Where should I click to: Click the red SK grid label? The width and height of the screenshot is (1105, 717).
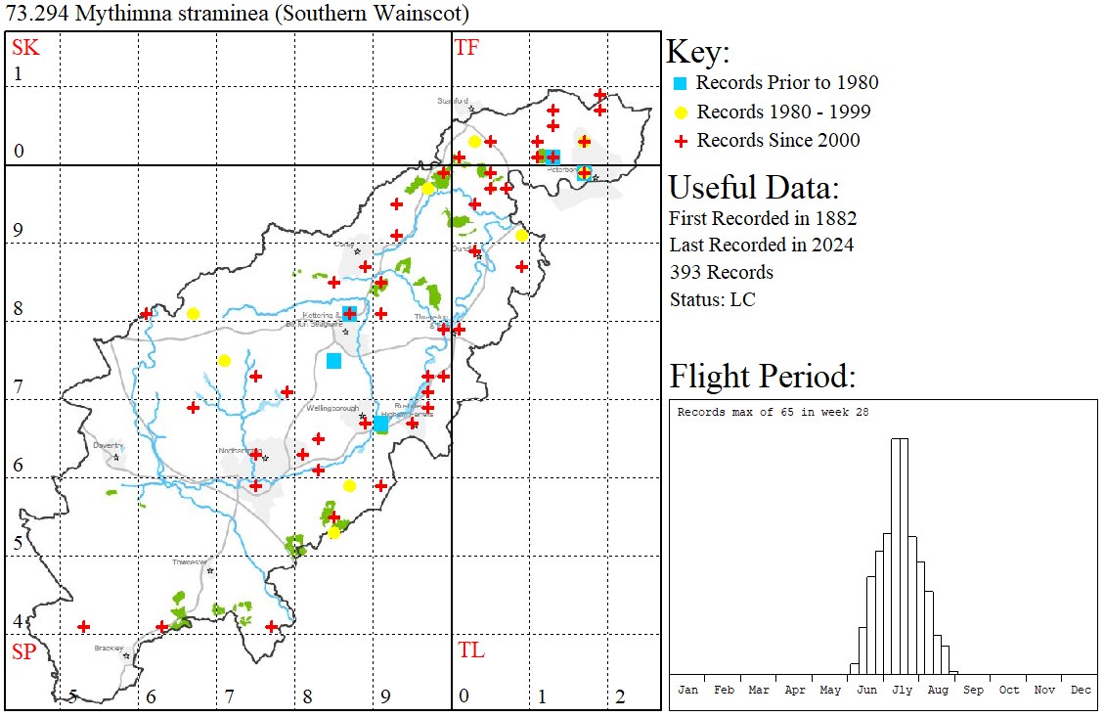pyautogui.click(x=23, y=48)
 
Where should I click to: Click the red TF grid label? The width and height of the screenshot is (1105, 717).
pyautogui.click(x=467, y=48)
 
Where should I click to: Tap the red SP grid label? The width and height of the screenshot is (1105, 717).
pyautogui.click(x=23, y=651)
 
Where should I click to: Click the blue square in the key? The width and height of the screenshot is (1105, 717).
pyautogui.click(x=681, y=83)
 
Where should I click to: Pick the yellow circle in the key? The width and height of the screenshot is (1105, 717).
pyautogui.click(x=681, y=112)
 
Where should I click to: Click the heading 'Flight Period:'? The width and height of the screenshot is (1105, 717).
pyautogui.click(x=763, y=376)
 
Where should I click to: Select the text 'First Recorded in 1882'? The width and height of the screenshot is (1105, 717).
pyautogui.click(x=763, y=217)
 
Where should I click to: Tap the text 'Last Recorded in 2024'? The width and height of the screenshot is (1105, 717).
pyautogui.click(x=761, y=245)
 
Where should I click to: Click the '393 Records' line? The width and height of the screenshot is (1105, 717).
pyautogui.click(x=721, y=272)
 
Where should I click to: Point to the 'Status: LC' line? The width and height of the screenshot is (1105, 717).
pyautogui.click(x=712, y=299)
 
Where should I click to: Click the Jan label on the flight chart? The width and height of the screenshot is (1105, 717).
pyautogui.click(x=688, y=690)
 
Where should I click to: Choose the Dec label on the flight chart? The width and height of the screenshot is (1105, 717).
pyautogui.click(x=1081, y=690)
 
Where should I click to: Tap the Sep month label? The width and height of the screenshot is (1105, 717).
pyautogui.click(x=974, y=690)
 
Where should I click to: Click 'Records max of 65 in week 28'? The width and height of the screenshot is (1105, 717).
pyautogui.click(x=773, y=413)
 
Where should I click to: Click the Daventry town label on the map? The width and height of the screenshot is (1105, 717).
pyautogui.click(x=107, y=445)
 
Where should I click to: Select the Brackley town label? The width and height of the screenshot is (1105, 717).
pyautogui.click(x=109, y=648)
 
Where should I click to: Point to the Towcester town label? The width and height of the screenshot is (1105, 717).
pyautogui.click(x=190, y=562)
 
